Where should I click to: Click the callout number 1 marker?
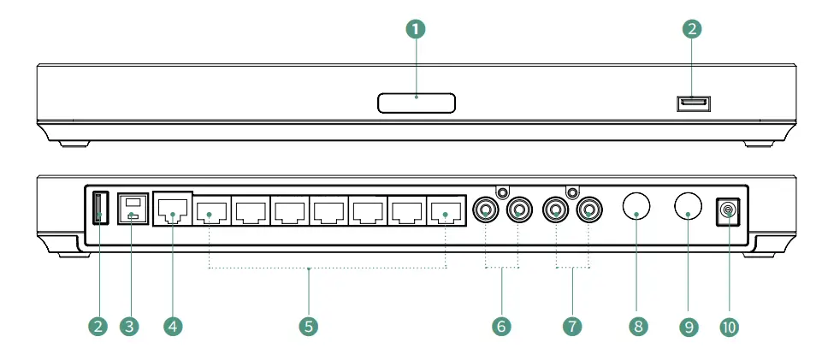pyautogui.click(x=416, y=29)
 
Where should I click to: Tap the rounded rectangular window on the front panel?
pyautogui.click(x=416, y=103)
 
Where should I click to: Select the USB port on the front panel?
pyautogui.click(x=694, y=104)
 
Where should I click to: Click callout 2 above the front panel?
pyautogui.click(x=693, y=29)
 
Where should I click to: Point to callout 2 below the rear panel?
pyautogui.click(x=99, y=327)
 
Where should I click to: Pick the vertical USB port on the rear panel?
pyautogui.click(x=98, y=208)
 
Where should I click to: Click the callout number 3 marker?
pyautogui.click(x=129, y=327)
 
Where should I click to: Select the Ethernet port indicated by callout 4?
pyautogui.click(x=172, y=209)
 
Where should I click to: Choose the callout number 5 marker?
pyautogui.click(x=308, y=327)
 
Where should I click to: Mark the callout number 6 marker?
pyautogui.click(x=501, y=327)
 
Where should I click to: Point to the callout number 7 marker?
pyautogui.click(x=572, y=327)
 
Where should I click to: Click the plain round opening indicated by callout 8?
pyautogui.click(x=636, y=205)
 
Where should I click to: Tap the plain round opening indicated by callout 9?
pyautogui.click(x=688, y=205)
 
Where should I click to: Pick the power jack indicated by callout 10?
pyautogui.click(x=728, y=210)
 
